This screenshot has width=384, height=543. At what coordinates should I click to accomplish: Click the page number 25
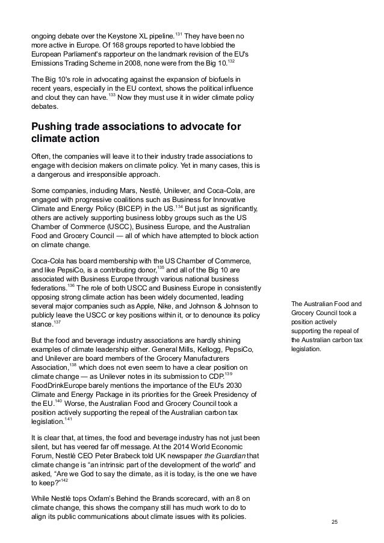335,520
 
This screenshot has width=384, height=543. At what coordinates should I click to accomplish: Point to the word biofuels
219,80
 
